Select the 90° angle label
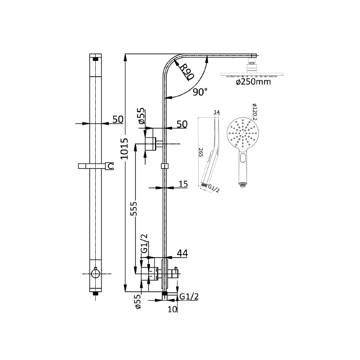(x=200, y=91)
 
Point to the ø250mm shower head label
(x=253, y=82)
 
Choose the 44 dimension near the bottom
(x=182, y=253)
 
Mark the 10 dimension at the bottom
(x=172, y=309)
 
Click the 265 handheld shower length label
(x=201, y=152)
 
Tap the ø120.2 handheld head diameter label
(x=255, y=113)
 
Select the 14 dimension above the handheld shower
(x=217, y=112)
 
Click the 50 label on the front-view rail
(x=118, y=119)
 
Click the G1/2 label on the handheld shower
(x=213, y=189)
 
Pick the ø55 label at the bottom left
(x=137, y=302)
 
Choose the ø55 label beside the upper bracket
(x=141, y=116)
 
